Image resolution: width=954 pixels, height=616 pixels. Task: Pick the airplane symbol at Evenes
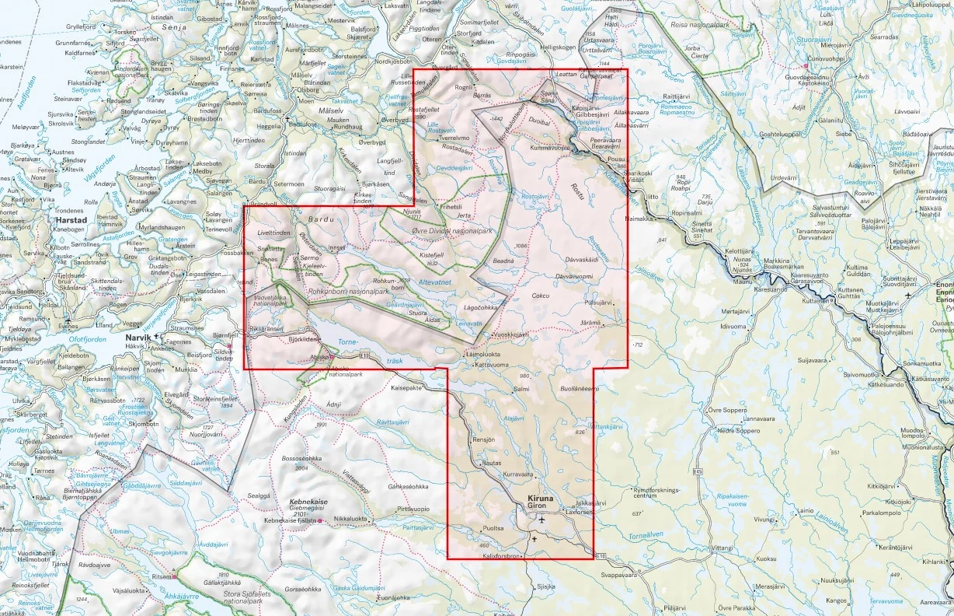pos(69,320)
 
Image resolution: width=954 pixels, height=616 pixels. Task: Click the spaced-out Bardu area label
pos(320,220)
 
